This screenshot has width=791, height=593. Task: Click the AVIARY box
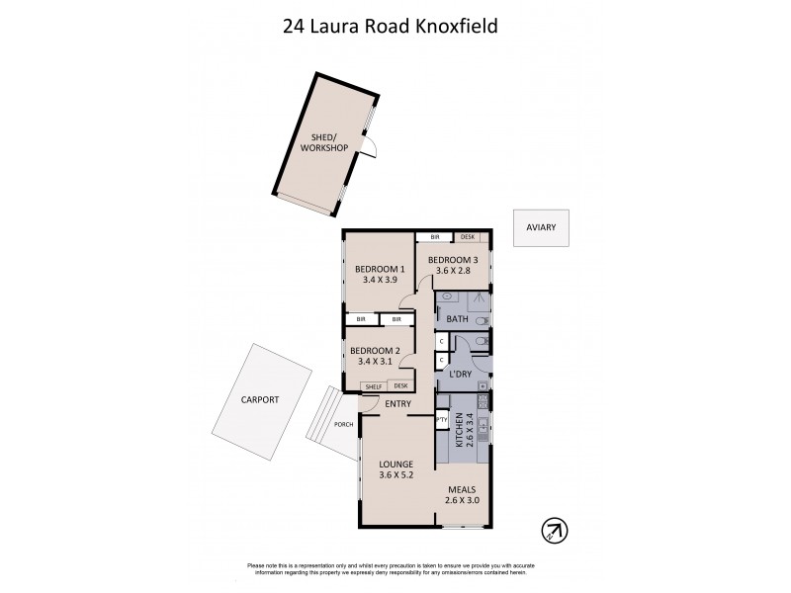point(541,227)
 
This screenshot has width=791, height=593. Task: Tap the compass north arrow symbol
point(554,530)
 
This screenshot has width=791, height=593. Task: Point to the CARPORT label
point(260,399)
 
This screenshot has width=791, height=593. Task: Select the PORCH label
point(343,425)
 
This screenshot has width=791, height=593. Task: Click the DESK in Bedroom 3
point(468,237)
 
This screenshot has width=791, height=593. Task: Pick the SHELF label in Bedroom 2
point(373,386)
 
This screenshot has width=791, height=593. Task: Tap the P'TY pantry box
point(442,419)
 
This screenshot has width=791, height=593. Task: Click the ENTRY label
point(398,403)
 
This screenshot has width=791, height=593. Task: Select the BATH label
point(457,319)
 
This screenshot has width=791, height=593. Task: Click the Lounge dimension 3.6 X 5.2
point(395,475)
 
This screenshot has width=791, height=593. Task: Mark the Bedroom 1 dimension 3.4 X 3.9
point(381,280)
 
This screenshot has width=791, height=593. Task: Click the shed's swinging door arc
point(370,147)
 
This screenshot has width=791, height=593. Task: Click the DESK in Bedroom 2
point(400,386)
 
